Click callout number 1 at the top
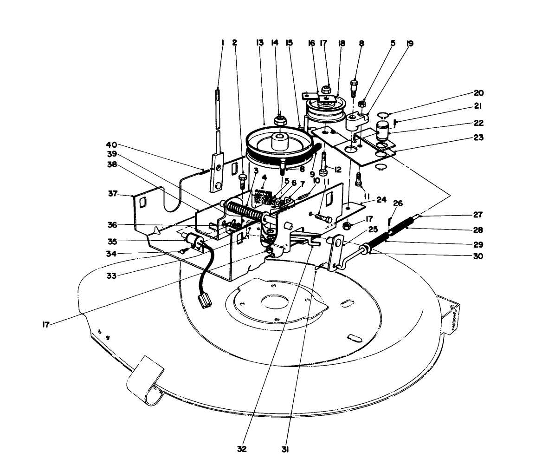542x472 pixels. pos(223,43)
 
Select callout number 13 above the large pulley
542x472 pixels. pos(259,43)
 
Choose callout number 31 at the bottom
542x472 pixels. pos(285,449)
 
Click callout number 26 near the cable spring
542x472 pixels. pos(398,203)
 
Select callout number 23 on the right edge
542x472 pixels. pos(477,138)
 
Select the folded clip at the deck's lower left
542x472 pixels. pos(146,381)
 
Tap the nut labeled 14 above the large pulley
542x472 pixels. pos(280,122)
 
